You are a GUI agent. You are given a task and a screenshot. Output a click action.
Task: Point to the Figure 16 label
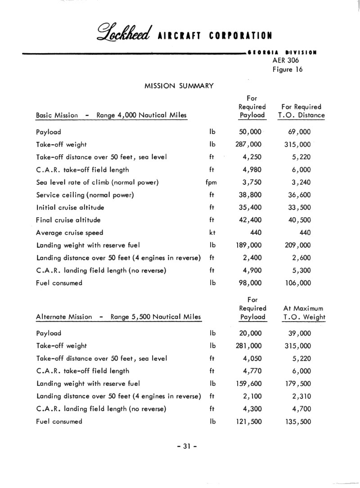click(288, 69)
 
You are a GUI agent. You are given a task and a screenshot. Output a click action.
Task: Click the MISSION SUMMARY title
click(179, 85)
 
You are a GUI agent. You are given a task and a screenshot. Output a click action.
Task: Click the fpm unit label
click(211, 183)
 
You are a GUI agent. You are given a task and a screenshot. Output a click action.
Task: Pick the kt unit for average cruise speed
click(212, 233)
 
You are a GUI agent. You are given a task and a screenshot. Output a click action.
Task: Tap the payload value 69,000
click(299, 133)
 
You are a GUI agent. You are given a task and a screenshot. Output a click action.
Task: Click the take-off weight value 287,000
click(248, 145)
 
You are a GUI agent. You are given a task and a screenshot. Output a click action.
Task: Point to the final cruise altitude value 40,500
click(299, 220)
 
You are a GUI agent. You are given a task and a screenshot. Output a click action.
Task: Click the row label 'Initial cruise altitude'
click(70, 208)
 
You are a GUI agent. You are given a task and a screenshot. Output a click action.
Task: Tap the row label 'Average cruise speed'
click(70, 233)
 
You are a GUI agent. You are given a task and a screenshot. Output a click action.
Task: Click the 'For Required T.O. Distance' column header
click(301, 111)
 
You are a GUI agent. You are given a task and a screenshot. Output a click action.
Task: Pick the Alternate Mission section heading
click(118, 317)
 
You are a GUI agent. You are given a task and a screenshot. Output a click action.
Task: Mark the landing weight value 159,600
click(248, 384)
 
